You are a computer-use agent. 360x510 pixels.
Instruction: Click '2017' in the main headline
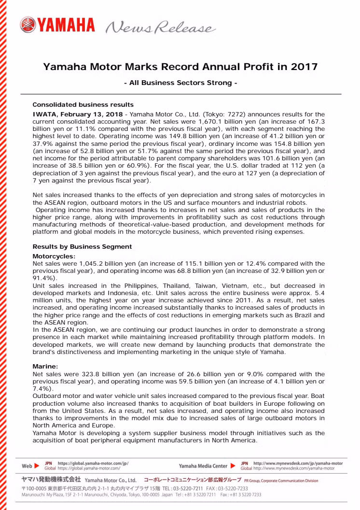305,67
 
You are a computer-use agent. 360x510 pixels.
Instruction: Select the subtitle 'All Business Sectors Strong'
180,83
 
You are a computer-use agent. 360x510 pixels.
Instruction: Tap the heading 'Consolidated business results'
83,104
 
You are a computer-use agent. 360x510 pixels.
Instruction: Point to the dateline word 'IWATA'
45,112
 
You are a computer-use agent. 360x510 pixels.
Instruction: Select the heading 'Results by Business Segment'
82,246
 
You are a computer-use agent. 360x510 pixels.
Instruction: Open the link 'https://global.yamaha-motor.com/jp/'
93,463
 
